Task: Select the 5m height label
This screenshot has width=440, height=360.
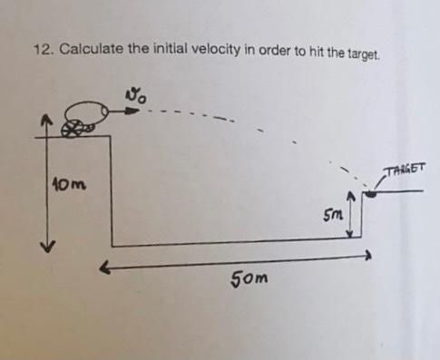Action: pos(333,218)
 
